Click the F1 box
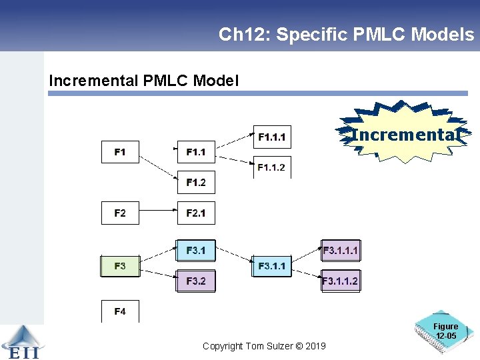(120, 152)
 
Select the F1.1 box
(196, 152)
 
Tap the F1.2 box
(196, 183)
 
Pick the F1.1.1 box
(271, 137)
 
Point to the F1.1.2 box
(271, 167)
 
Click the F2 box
(120, 213)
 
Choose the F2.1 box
(196, 213)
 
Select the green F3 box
(120, 266)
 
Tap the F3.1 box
(196, 251)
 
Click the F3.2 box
(196, 281)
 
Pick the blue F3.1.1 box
(271, 266)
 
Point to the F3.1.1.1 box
(340, 251)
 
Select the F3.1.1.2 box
(340, 281)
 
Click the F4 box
(120, 311)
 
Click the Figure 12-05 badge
(445, 331)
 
